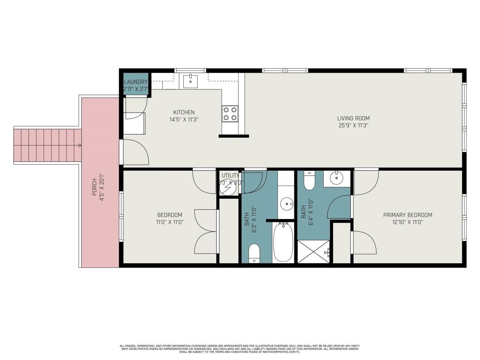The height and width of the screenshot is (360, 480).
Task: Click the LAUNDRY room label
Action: tap(136, 82)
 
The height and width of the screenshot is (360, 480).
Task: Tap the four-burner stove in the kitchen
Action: tap(230, 114)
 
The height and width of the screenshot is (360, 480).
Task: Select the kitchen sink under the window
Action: tap(190, 80)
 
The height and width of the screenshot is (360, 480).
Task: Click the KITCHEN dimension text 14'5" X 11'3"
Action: tap(184, 120)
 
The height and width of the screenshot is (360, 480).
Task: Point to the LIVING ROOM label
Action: tap(353, 118)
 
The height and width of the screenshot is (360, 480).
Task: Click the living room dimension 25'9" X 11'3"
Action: tap(353, 126)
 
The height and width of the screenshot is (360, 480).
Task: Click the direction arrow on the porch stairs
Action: tap(79, 145)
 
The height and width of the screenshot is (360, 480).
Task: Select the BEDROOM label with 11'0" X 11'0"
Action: tap(169, 215)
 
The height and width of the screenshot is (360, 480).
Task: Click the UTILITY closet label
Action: tap(230, 175)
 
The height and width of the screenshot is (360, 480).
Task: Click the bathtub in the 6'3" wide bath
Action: tap(284, 242)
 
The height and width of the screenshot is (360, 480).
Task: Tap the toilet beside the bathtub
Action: tap(254, 253)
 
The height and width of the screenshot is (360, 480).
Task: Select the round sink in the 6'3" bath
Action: tap(287, 204)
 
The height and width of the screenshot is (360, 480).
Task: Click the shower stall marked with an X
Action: tap(313, 252)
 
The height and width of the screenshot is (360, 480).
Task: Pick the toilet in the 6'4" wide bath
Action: tap(309, 181)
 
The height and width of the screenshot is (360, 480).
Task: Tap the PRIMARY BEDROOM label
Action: tap(408, 215)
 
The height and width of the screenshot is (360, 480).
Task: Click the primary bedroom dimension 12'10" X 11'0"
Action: tap(408, 222)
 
